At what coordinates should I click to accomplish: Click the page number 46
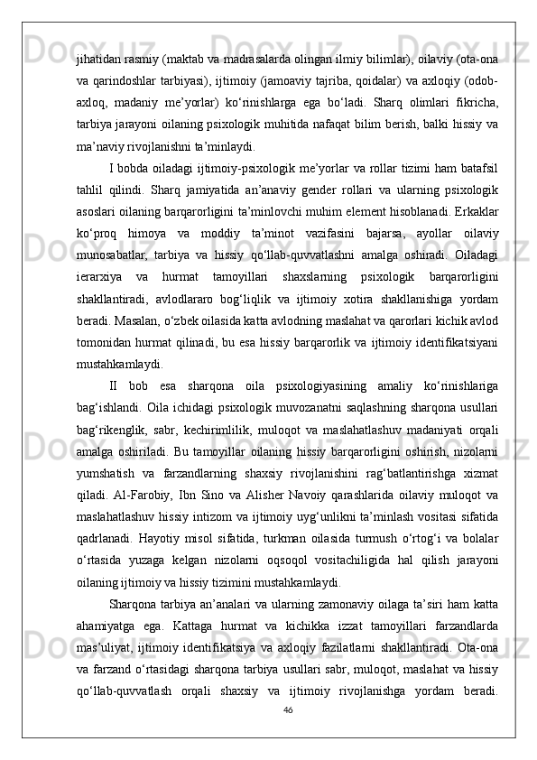coord(288,709)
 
